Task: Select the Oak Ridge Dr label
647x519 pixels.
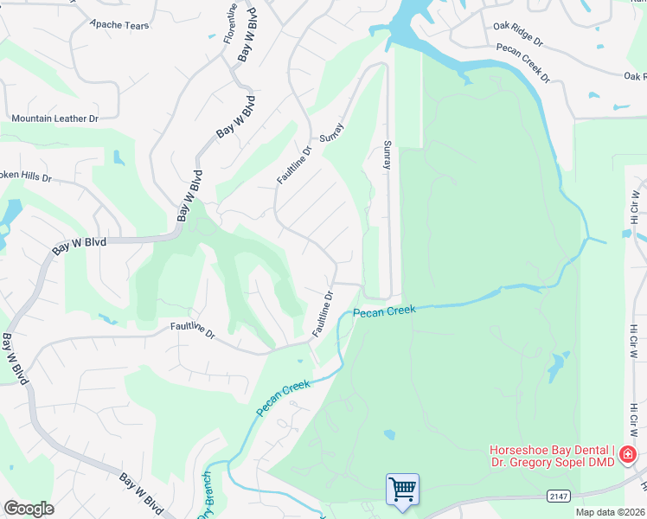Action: pyautogui.click(x=517, y=41)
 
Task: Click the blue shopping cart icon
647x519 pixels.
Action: pyautogui.click(x=402, y=490)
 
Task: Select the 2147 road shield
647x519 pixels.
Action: pyautogui.click(x=559, y=496)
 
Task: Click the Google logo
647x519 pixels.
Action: pyautogui.click(x=29, y=509)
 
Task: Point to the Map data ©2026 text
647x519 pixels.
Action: pyautogui.click(x=610, y=512)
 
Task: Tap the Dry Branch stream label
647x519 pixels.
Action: pyautogui.click(x=206, y=497)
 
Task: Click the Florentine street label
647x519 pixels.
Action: pyautogui.click(x=230, y=22)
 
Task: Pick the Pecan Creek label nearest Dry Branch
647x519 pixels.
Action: pyautogui.click(x=282, y=397)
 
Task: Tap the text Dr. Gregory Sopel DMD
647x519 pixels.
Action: pyautogui.click(x=552, y=463)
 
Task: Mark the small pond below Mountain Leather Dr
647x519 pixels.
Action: pyautogui.click(x=118, y=158)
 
